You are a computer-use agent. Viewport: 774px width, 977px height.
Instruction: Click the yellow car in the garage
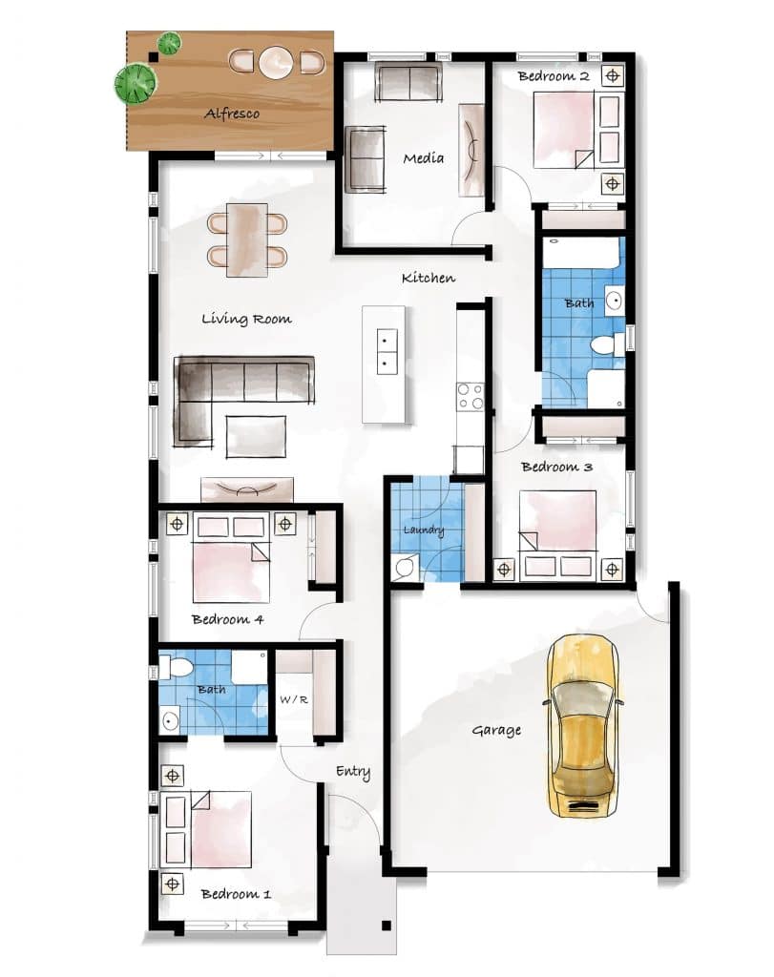tap(583, 725)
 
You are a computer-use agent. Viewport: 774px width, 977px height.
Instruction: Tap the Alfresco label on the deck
tap(232, 114)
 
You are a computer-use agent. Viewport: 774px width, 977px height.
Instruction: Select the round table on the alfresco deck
tap(276, 62)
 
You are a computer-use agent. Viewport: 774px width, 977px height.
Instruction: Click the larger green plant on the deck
tap(136, 83)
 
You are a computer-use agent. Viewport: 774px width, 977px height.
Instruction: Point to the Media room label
tap(423, 158)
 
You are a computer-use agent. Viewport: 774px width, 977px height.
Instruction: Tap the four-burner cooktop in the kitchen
tap(471, 396)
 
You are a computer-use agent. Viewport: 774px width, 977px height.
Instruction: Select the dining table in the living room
tap(247, 239)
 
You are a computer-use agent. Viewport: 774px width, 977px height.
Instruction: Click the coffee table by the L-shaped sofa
tap(256, 436)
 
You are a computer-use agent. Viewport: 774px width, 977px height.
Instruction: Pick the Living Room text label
tap(246, 319)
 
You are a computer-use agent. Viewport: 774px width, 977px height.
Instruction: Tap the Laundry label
tap(424, 530)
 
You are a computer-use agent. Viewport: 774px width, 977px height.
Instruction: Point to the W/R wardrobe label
tap(294, 699)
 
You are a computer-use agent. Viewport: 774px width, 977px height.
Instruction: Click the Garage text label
tap(496, 730)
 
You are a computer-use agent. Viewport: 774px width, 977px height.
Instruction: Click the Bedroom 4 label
tap(227, 619)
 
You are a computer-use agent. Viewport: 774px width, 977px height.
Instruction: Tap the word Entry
tap(353, 772)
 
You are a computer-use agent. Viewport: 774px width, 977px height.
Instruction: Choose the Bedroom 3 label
tap(556, 467)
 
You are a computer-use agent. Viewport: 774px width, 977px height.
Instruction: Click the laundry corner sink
tap(403, 567)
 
